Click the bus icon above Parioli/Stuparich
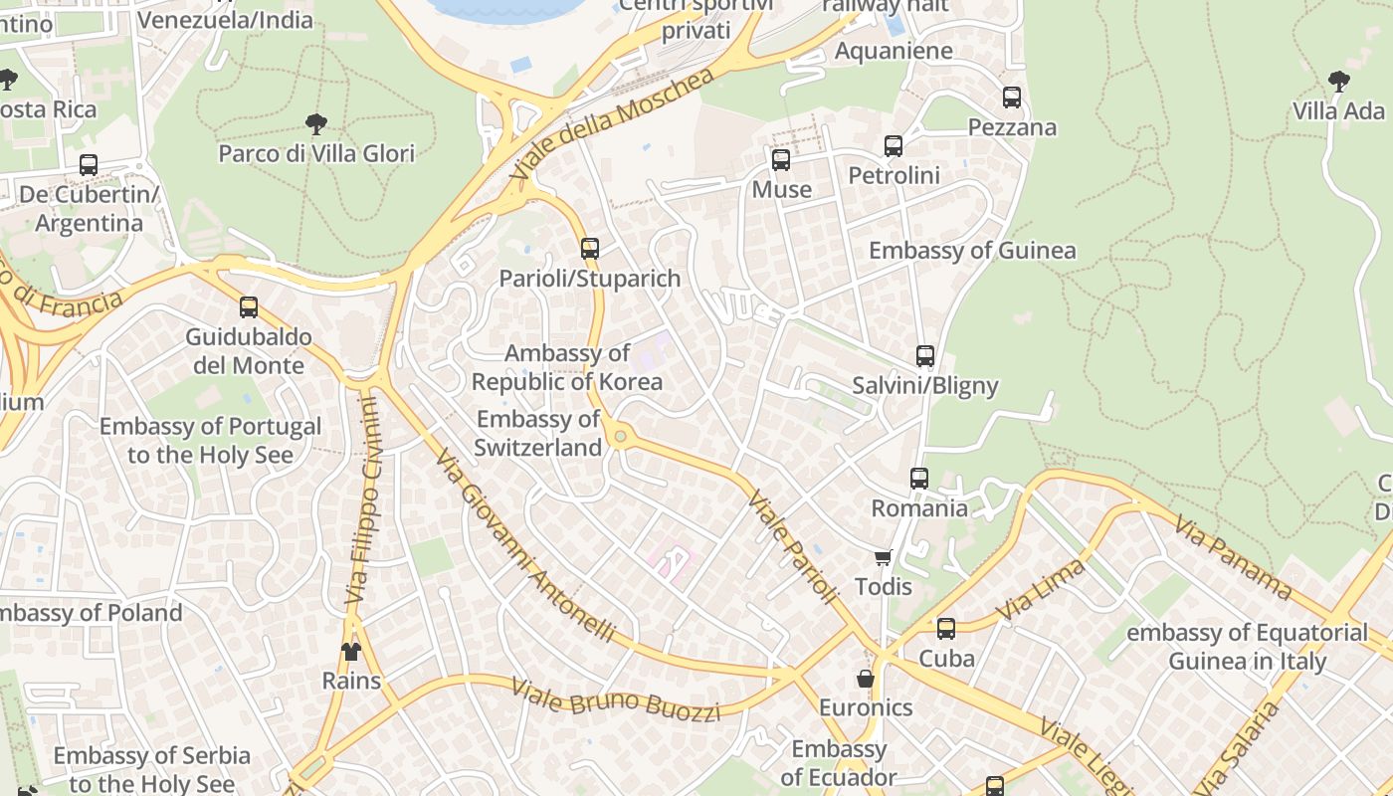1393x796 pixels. [590, 248]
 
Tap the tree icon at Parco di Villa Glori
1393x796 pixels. [316, 124]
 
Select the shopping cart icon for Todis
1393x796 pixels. [883, 557]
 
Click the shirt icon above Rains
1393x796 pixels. [351, 652]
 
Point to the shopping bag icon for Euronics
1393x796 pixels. [866, 679]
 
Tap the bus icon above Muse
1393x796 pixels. [781, 159]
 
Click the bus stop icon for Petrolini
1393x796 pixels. [894, 146]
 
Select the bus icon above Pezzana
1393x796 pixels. [1012, 98]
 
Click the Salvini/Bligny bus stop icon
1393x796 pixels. [925, 356]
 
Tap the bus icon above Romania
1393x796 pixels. [919, 479]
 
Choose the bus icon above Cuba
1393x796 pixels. [946, 629]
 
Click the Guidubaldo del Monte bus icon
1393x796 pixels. [249, 307]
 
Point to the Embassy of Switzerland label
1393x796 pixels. [538, 434]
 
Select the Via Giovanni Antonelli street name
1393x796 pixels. [524, 544]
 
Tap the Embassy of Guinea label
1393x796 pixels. [972, 250]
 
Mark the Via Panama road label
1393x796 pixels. [1233, 557]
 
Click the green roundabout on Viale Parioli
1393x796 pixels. [621, 435]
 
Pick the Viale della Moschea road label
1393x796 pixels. [613, 123]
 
